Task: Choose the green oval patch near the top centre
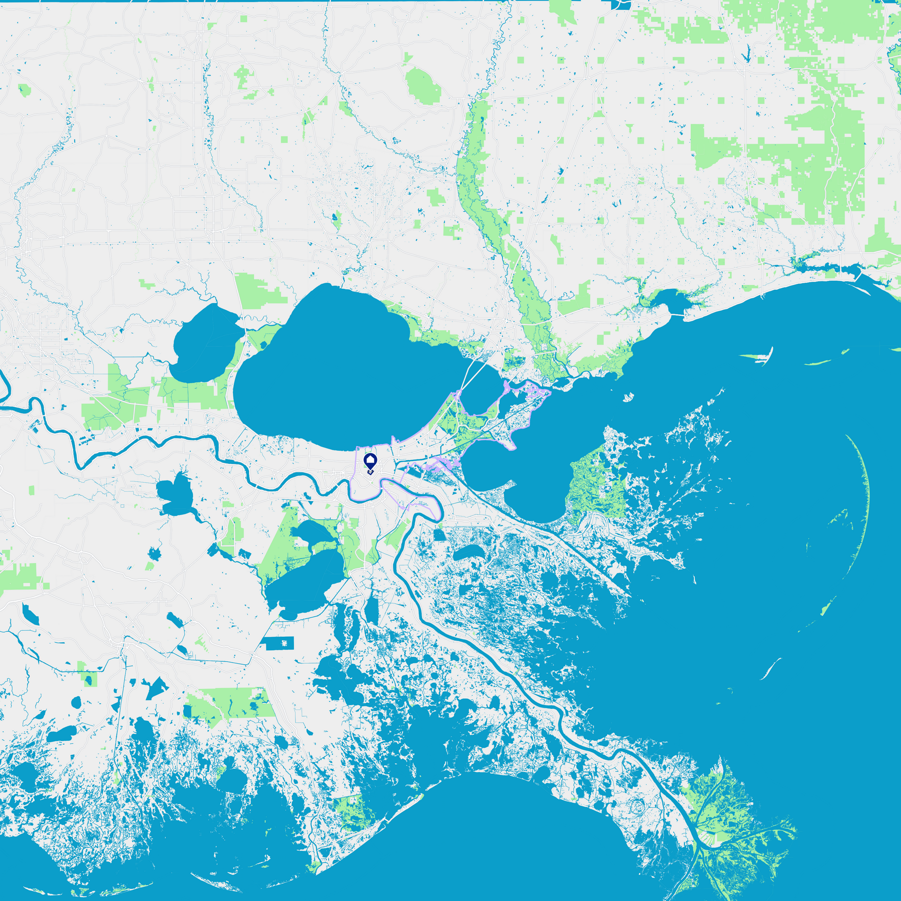click(423, 86)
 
